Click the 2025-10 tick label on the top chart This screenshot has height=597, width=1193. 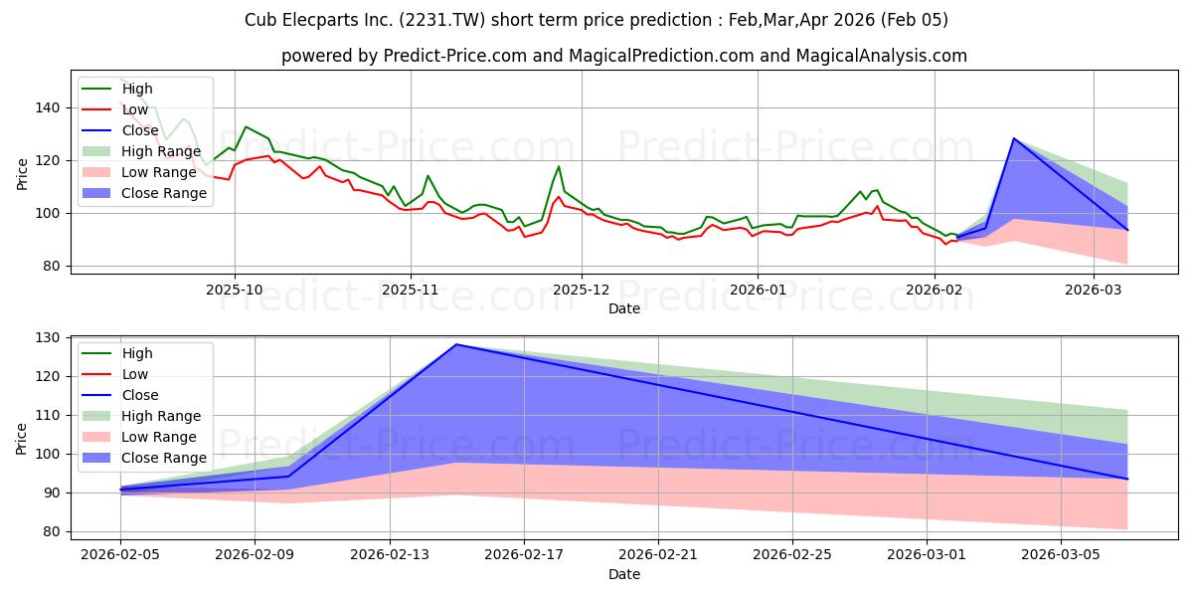[x=235, y=290]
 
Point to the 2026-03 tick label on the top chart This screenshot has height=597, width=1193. [x=1094, y=290]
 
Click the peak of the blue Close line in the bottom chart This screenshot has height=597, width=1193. [x=455, y=344]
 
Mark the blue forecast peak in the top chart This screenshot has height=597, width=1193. [x=1014, y=138]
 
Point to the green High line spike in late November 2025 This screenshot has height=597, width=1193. [x=559, y=166]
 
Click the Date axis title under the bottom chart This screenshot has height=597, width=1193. [x=624, y=574]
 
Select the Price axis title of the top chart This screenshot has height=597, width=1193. [x=23, y=173]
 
